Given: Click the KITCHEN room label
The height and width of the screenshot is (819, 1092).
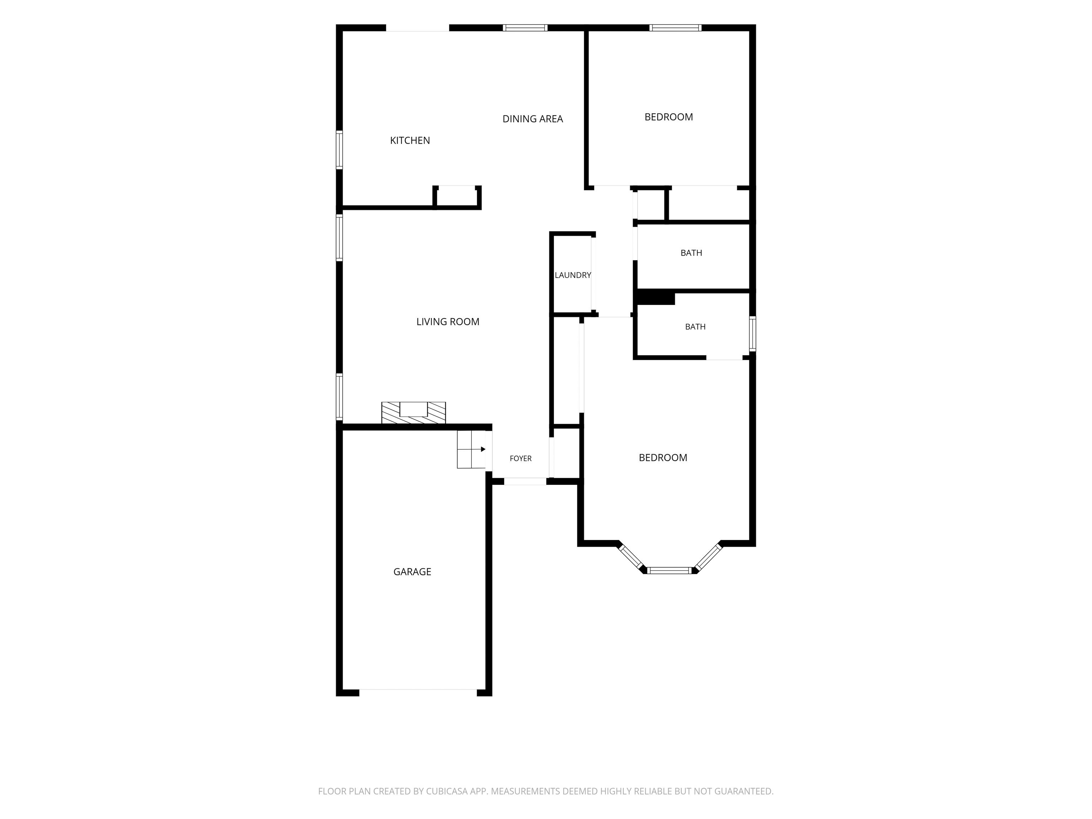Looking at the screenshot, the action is click(x=410, y=141).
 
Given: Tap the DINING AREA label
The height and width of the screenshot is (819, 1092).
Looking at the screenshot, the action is click(x=533, y=119).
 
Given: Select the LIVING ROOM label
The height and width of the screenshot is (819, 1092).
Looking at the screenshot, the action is click(x=448, y=322).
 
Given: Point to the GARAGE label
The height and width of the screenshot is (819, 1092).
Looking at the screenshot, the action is click(x=412, y=572).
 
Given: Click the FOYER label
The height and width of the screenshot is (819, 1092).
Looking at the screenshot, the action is click(x=520, y=459).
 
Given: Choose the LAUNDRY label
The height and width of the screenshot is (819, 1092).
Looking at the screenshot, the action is click(x=573, y=275).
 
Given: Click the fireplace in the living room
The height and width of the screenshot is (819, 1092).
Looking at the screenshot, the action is click(x=414, y=413).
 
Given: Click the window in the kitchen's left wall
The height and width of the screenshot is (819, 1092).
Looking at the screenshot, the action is click(x=339, y=150).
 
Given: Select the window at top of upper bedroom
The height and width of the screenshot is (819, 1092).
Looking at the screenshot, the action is click(x=675, y=28).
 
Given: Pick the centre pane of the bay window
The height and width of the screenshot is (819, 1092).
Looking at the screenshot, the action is click(x=669, y=571).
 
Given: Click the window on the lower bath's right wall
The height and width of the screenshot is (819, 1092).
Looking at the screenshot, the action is click(x=753, y=334).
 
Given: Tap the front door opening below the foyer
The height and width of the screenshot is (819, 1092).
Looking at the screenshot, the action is click(x=525, y=481).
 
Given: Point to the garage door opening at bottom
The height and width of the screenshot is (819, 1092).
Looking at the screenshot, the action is click(x=418, y=692).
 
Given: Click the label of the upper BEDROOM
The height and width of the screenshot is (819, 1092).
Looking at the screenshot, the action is click(x=668, y=117).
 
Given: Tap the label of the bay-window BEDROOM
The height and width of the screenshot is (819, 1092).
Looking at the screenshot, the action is click(x=663, y=457).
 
